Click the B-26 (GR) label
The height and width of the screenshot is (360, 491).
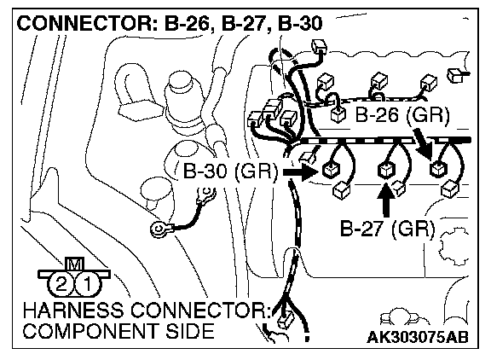(x=402, y=115)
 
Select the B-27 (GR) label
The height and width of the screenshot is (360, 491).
(x=387, y=229)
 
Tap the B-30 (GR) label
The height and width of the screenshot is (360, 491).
(x=230, y=171)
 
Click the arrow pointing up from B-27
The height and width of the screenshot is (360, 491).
(x=386, y=200)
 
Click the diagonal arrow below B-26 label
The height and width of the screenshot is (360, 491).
(x=423, y=143)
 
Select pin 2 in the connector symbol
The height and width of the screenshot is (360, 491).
(x=61, y=284)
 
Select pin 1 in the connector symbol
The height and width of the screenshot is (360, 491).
(x=88, y=284)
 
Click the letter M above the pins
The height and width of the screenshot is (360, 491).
(x=74, y=264)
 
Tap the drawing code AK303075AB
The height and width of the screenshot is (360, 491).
(x=418, y=337)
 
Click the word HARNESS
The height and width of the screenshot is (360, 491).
(x=73, y=311)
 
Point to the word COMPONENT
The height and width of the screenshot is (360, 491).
(x=92, y=331)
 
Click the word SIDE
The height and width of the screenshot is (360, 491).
(x=190, y=331)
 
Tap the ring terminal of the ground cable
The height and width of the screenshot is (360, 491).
(x=159, y=229)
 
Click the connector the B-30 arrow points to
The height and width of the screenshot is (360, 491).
(x=331, y=171)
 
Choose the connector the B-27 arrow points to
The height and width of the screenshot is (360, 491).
(x=386, y=171)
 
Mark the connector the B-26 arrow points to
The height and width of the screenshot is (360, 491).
(x=439, y=169)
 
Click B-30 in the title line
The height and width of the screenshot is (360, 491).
(x=300, y=24)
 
